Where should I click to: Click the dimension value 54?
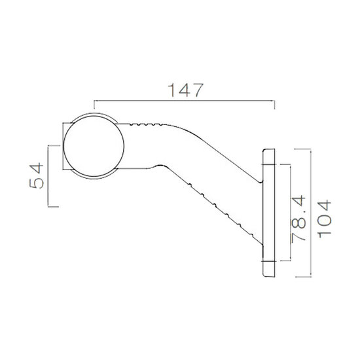pyautogui.click(x=39, y=175)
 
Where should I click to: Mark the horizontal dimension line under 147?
pyautogui.click(x=185, y=101)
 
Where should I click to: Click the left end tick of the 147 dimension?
pyautogui.click(x=95, y=105)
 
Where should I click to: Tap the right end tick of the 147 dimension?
pyautogui.click(x=275, y=105)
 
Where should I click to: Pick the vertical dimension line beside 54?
pyautogui.click(x=48, y=175)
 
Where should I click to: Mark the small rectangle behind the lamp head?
pyautogui.click(x=66, y=147)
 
